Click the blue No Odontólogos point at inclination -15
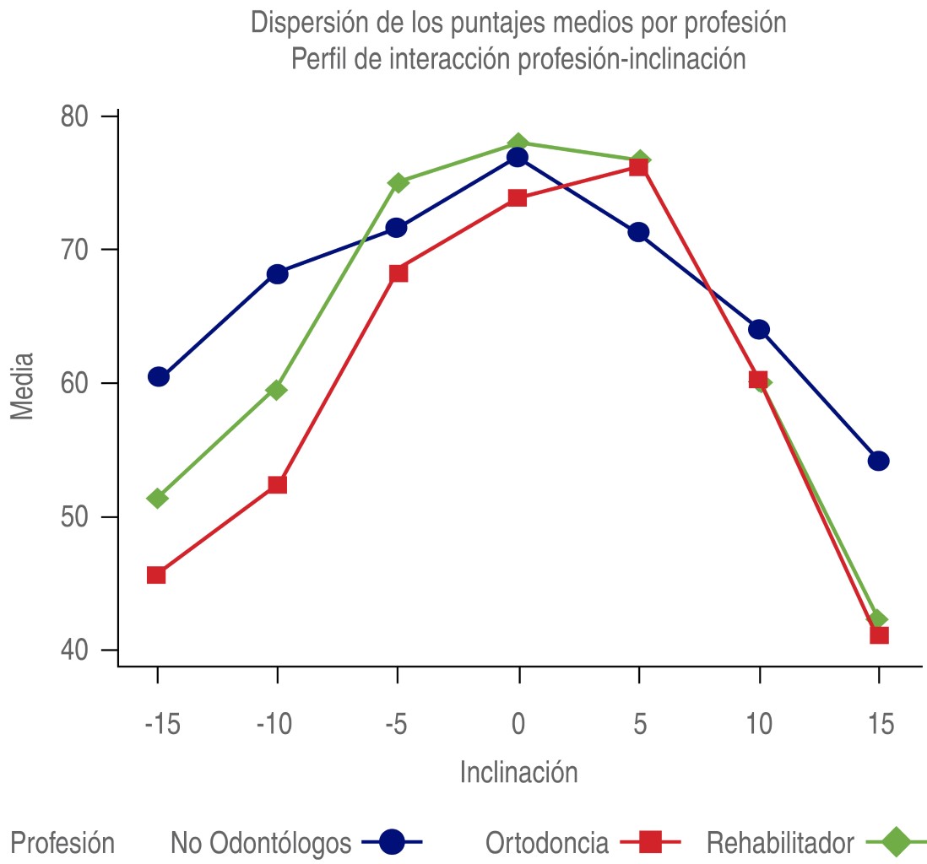158,377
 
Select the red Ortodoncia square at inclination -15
156,575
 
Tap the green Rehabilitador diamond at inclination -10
277,390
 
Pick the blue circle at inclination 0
518,158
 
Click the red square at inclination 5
638,167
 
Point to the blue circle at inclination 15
879,461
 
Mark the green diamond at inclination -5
398,183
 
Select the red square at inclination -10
277,484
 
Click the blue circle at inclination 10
759,329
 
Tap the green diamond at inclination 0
518,143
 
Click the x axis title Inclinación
518,772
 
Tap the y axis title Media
22,386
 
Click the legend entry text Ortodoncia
547,842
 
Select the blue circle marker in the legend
392,841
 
